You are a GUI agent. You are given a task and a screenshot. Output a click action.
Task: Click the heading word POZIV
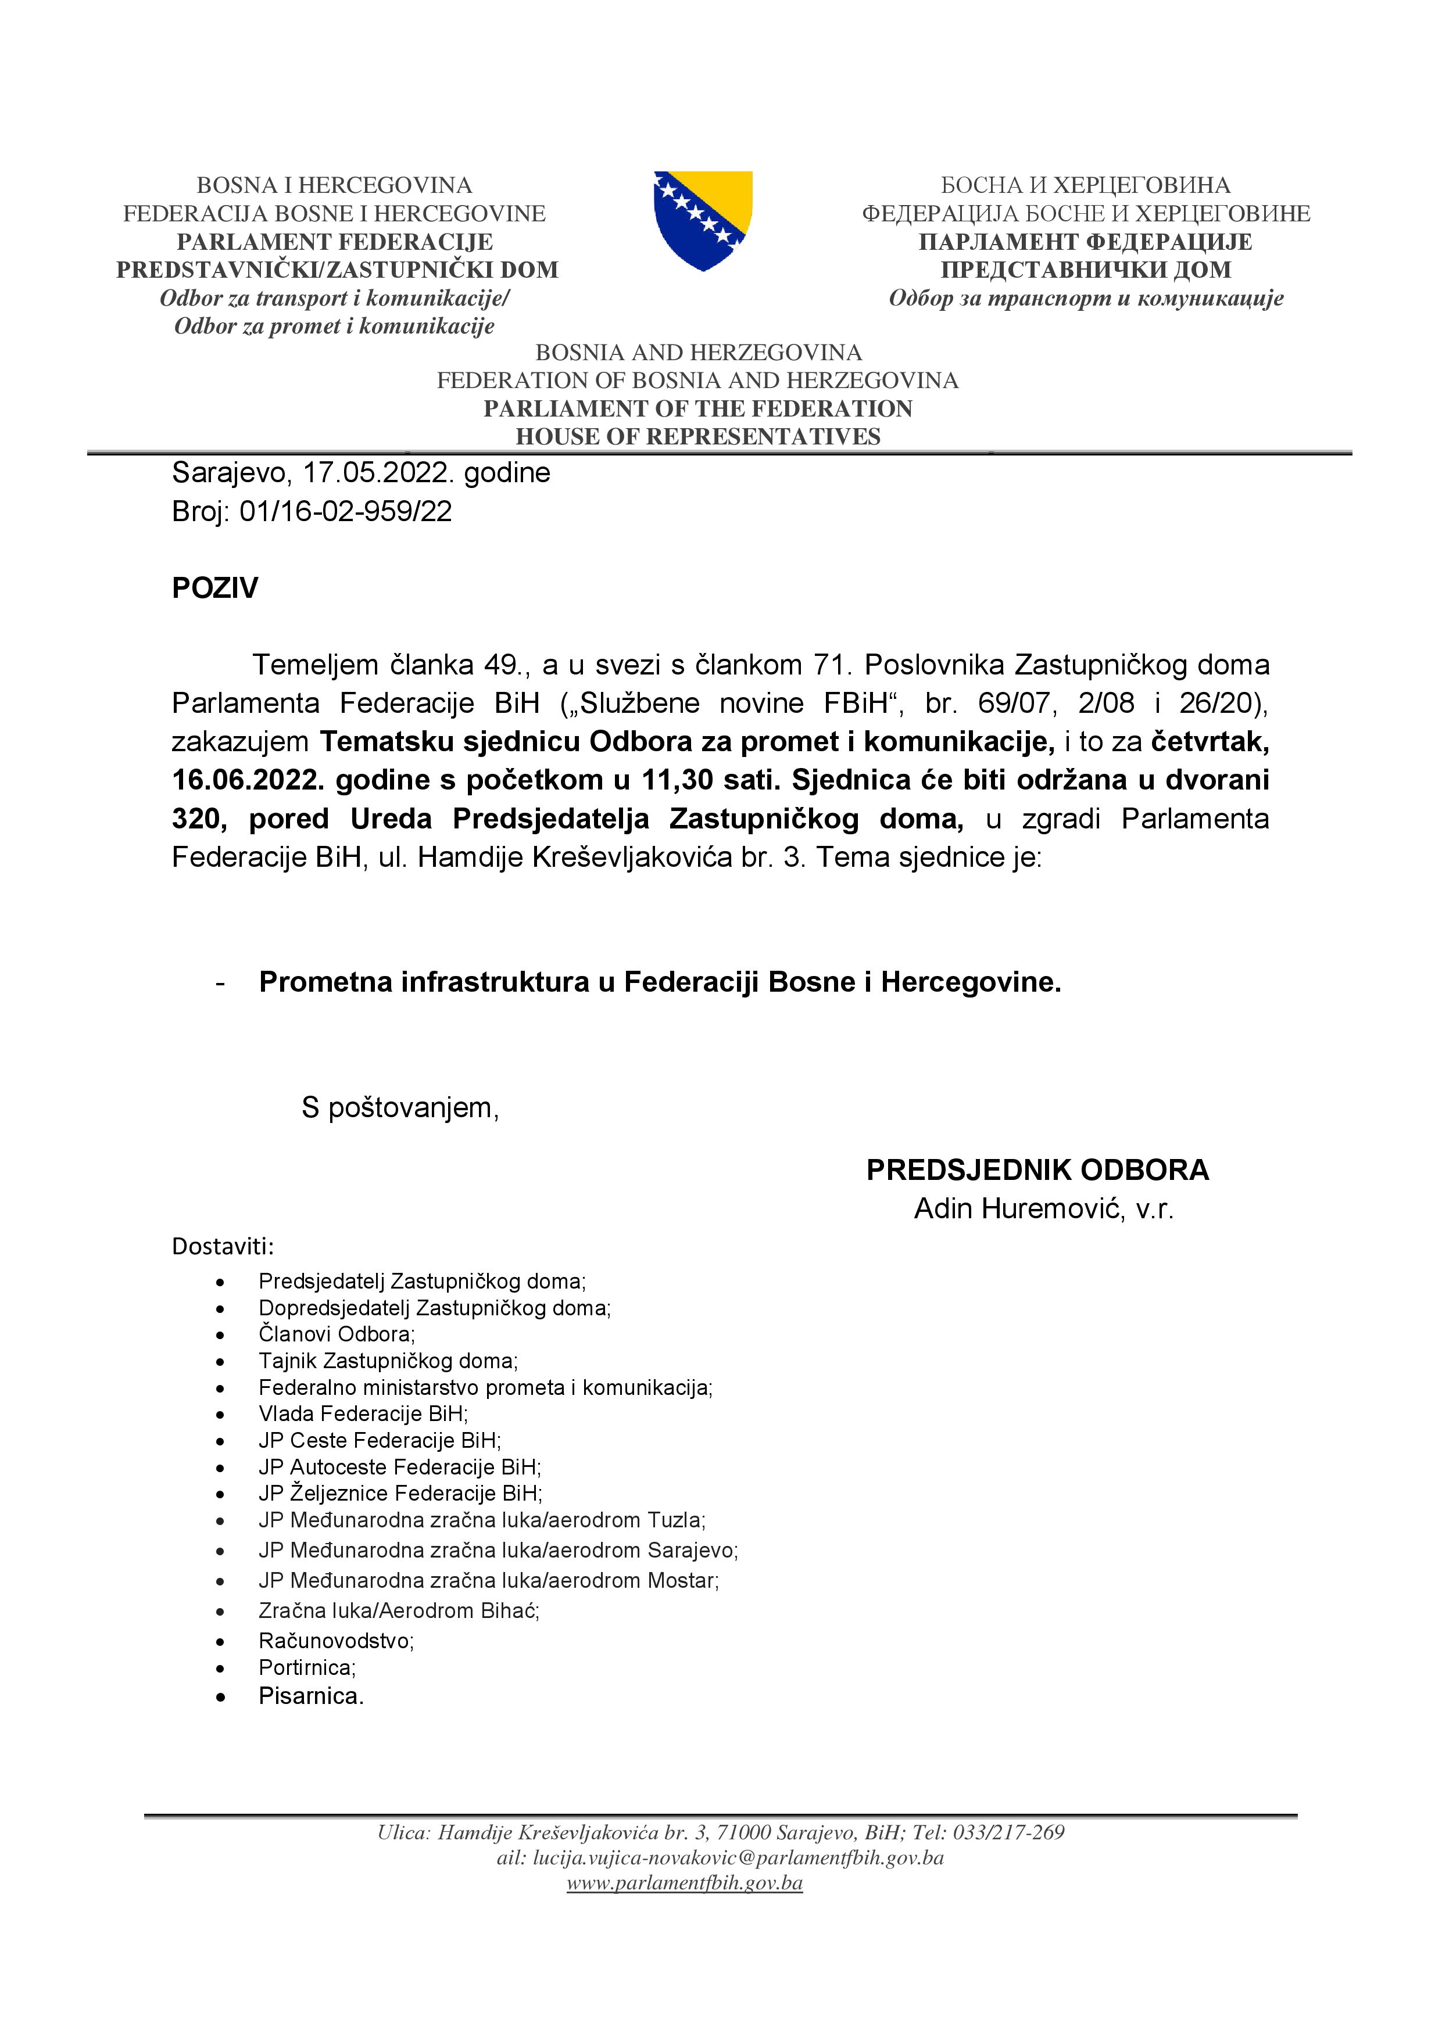tap(215, 587)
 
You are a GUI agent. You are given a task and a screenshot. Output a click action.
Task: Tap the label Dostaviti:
tap(223, 1246)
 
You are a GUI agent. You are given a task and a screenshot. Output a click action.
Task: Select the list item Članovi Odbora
tap(337, 1333)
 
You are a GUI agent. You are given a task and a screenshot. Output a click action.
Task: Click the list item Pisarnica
tap(311, 1695)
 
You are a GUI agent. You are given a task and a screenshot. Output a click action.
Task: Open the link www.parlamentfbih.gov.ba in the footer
tap(685, 1883)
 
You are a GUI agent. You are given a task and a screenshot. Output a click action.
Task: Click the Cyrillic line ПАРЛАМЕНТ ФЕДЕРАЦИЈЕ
tap(1085, 242)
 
